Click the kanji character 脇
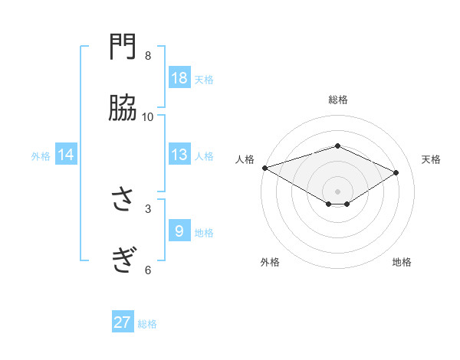pyautogui.click(x=123, y=110)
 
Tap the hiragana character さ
pyautogui.click(x=123, y=201)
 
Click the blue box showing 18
pyautogui.click(x=179, y=78)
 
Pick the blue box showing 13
pyautogui.click(x=179, y=155)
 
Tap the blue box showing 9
pyautogui.click(x=179, y=231)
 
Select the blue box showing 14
pyautogui.click(x=66, y=155)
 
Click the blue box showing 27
pyautogui.click(x=123, y=322)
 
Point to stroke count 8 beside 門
pyautogui.click(x=148, y=56)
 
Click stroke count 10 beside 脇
pyautogui.click(x=148, y=116)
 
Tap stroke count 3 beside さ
pyautogui.click(x=148, y=208)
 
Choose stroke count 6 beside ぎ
pyautogui.click(x=148, y=269)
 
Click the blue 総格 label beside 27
pyautogui.click(x=147, y=324)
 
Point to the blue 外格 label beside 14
pyautogui.click(x=41, y=156)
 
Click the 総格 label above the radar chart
pyautogui.click(x=337, y=100)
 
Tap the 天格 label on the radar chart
pyautogui.click(x=431, y=159)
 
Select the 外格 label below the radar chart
pyautogui.click(x=270, y=262)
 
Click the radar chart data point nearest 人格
pyautogui.click(x=264, y=168)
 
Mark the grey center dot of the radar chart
pyautogui.click(x=337, y=191)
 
